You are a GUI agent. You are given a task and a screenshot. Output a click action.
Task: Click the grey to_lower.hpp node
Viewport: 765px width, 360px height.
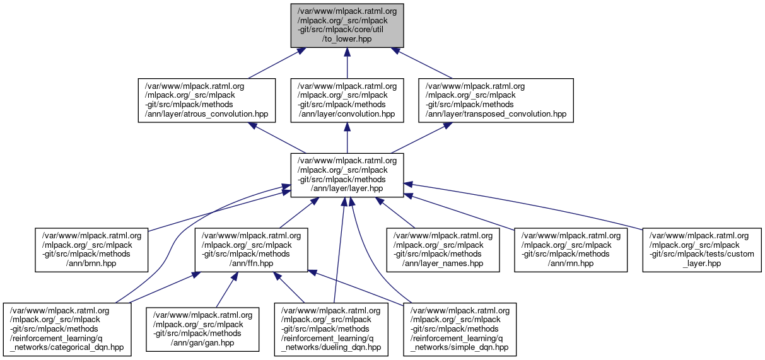(x=347, y=25)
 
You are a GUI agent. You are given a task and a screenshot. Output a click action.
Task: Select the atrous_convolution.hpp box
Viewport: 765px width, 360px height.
(x=207, y=100)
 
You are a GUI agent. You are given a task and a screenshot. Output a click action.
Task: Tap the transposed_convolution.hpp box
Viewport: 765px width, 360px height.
(x=496, y=100)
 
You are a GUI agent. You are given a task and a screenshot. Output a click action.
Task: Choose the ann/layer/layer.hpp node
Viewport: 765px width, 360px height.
(x=347, y=175)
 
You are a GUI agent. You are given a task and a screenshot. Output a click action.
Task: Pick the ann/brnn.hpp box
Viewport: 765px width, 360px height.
(x=92, y=250)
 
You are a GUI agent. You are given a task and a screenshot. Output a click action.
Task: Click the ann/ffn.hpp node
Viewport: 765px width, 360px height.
(x=252, y=250)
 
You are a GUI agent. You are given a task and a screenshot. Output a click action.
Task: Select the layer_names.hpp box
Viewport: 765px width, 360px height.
(x=443, y=250)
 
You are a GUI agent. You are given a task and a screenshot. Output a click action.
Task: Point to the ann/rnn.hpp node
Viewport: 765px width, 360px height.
(x=571, y=250)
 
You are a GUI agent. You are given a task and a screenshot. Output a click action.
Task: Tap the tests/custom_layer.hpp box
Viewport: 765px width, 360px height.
(x=702, y=250)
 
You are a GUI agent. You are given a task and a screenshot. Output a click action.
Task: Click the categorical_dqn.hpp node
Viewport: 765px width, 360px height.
(x=67, y=329)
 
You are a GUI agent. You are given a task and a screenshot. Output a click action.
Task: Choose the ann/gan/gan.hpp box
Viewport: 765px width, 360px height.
(x=203, y=329)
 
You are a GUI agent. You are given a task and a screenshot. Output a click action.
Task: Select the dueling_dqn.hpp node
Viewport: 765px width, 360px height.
(x=330, y=329)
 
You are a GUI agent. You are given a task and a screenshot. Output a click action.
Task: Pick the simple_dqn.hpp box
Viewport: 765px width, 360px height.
(x=460, y=329)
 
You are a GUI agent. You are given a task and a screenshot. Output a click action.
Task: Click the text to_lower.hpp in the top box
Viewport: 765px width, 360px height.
(x=346, y=39)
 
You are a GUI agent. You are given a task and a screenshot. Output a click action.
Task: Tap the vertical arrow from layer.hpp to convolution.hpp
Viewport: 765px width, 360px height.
(x=347, y=138)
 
